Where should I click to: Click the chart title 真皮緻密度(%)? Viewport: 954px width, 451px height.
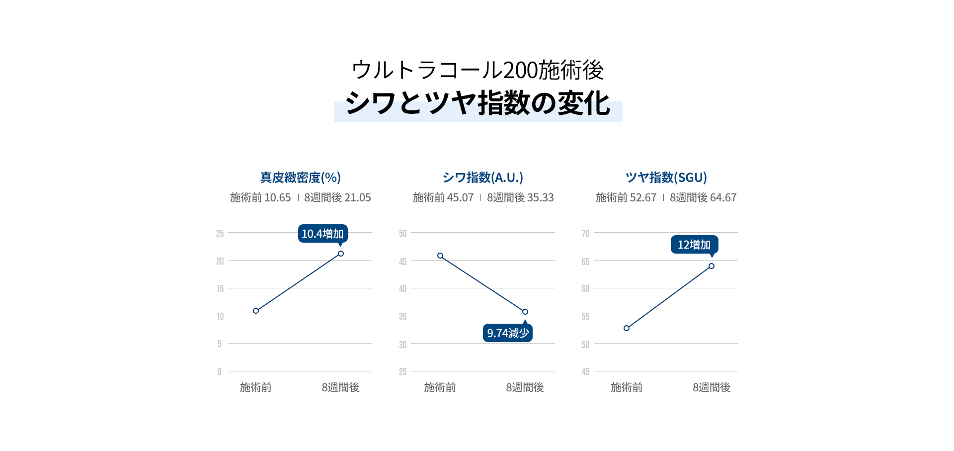click(300, 178)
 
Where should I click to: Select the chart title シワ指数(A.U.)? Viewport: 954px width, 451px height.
click(482, 178)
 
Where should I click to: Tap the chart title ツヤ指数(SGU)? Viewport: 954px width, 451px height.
click(666, 178)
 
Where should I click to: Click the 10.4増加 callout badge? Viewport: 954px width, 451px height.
click(322, 234)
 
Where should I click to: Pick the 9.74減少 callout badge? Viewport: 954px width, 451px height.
click(507, 333)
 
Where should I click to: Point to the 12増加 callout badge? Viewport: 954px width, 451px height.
click(694, 245)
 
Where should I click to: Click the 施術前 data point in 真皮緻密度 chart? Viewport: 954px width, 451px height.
click(256, 311)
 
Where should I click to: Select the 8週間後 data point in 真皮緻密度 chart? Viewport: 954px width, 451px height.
click(341, 254)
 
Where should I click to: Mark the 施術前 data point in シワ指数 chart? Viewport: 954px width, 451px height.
click(440, 256)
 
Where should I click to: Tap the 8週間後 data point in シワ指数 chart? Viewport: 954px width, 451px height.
click(525, 312)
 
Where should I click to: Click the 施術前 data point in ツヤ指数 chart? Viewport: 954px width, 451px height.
click(627, 328)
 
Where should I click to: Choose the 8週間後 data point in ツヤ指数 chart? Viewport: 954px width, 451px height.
click(712, 266)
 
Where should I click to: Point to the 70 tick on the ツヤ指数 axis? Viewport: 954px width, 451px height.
click(585, 233)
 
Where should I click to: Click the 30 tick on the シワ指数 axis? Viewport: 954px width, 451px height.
click(402, 345)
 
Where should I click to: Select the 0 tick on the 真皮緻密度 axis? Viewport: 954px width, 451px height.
click(219, 371)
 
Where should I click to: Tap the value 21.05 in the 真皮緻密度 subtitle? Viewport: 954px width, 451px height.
click(357, 198)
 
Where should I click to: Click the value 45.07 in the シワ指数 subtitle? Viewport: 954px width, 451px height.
click(460, 198)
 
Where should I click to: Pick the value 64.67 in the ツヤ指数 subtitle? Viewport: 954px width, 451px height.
click(723, 198)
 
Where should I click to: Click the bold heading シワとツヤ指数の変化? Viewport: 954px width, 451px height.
click(477, 103)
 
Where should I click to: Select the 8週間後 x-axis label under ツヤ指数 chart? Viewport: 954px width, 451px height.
click(712, 387)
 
